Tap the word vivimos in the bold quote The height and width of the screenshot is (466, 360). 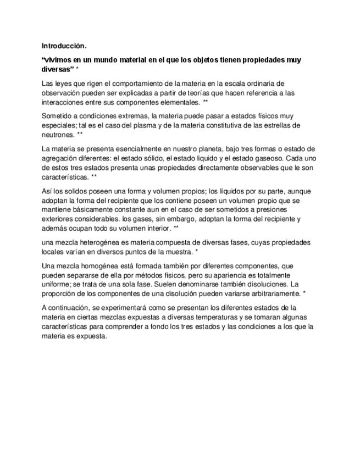point(59,60)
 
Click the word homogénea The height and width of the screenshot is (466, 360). point(87,266)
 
